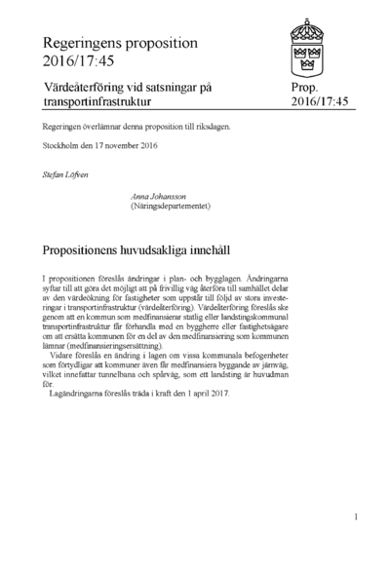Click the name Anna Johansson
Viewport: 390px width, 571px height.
coord(166,196)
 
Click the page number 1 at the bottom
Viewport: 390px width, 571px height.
coord(357,516)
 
